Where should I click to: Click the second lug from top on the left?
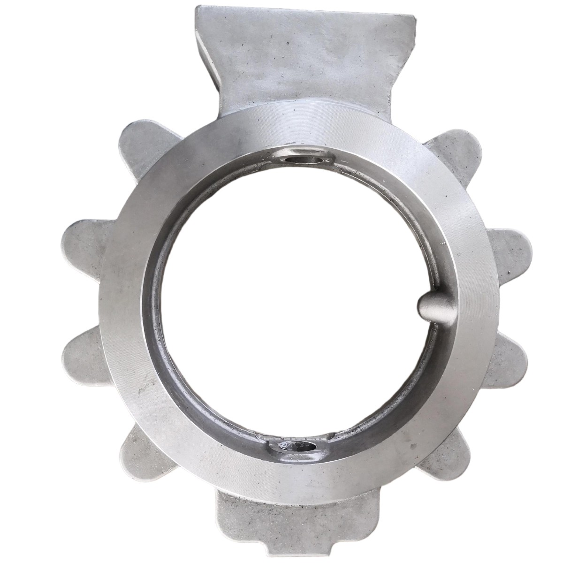(82, 244)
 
